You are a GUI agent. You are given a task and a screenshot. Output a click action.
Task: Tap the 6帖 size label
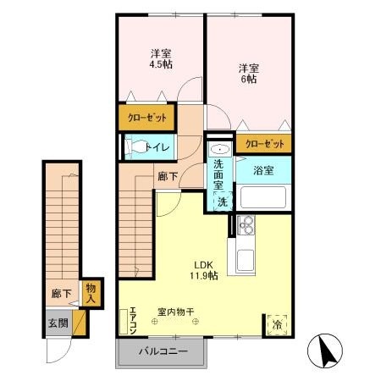tap(248, 80)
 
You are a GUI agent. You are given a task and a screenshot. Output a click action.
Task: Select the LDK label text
tap(204, 262)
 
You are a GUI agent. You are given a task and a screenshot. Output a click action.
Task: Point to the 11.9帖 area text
tap(203, 274)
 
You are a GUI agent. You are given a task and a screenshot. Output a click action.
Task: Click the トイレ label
tap(160, 147)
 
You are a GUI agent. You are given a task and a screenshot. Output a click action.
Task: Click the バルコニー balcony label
tap(162, 350)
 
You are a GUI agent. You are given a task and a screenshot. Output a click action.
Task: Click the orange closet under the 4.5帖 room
tap(147, 118)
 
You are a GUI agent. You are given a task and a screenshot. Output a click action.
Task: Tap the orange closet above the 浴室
tap(263, 144)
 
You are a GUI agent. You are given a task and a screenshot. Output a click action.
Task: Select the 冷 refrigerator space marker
tap(277, 324)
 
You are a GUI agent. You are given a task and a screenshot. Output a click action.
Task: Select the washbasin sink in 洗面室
tap(217, 149)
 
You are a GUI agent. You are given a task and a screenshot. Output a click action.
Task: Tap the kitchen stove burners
tap(247, 225)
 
